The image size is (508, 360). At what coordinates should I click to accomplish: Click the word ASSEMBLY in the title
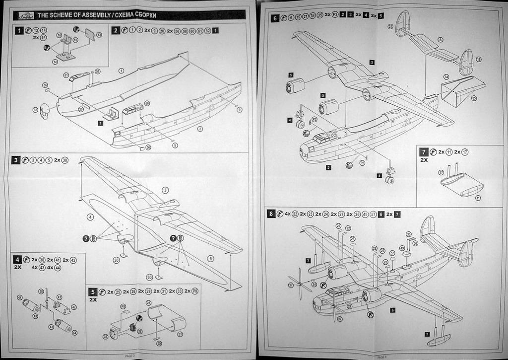tap(96, 16)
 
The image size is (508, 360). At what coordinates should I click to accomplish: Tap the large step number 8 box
tap(271, 214)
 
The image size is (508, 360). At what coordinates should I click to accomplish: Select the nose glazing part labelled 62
tap(45, 112)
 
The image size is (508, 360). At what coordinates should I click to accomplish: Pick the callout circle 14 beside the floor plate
tap(55, 62)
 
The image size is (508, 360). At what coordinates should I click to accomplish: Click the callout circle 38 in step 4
tap(41, 291)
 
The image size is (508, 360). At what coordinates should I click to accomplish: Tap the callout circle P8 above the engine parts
tap(123, 306)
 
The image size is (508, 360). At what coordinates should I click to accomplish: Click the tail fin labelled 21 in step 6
tap(402, 23)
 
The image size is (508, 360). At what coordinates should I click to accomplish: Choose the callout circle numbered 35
tap(474, 98)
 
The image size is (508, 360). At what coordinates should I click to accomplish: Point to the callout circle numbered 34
tap(446, 77)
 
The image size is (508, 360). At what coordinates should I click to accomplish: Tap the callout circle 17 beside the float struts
tap(441, 172)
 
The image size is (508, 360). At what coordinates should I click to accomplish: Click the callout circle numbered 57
tap(392, 252)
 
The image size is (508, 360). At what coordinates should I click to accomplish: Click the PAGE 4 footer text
tap(382, 356)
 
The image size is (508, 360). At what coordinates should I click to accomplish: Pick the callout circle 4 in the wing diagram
tap(90, 217)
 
